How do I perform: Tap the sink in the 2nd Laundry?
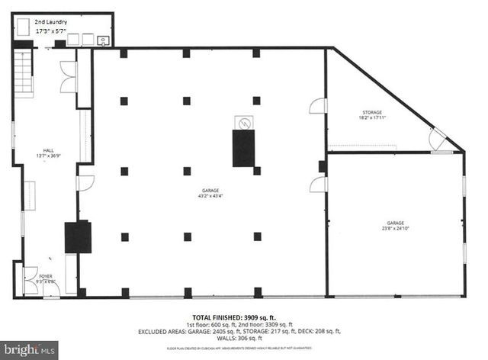[x=103, y=40]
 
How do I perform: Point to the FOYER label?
[x=45, y=275]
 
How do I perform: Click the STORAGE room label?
[x=371, y=112]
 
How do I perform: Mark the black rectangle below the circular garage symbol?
[x=243, y=148]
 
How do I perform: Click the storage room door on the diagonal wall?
[x=438, y=140]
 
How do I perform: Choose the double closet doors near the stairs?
[x=69, y=77]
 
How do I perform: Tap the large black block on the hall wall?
[x=78, y=236]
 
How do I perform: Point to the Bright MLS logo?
[x=29, y=350]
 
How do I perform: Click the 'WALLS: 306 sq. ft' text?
[x=244, y=339]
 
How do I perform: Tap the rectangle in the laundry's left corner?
[x=23, y=28]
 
